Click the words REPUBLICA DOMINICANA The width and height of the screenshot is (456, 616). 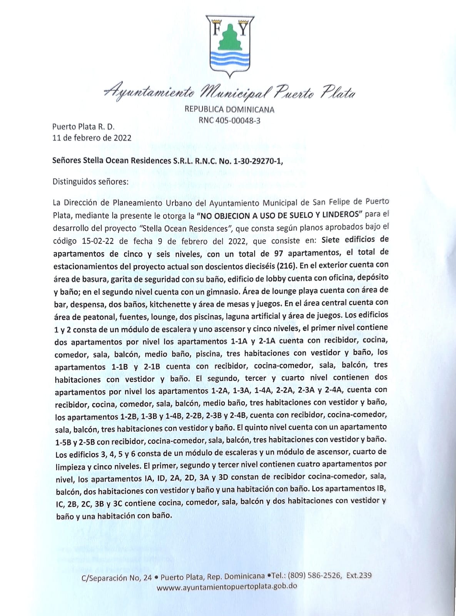click(229, 109)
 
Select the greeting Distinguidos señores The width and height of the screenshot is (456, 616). click(90, 181)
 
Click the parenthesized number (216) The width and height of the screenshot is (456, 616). click(285, 265)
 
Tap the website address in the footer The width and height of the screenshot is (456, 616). click(227, 587)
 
